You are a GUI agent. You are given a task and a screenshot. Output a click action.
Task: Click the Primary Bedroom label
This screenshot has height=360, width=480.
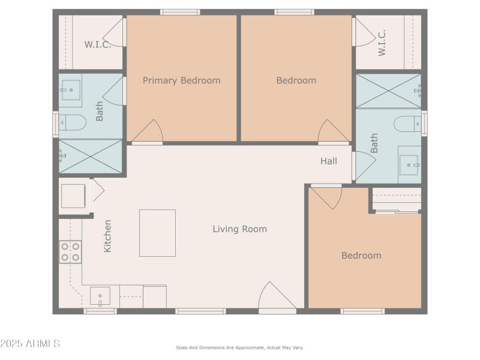[x=181, y=80]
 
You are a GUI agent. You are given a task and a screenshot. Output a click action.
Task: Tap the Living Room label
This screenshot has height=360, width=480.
[x=239, y=229]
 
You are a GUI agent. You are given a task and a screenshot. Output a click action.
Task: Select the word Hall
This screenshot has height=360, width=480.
[x=328, y=161]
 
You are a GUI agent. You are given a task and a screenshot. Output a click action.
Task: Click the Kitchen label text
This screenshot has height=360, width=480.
[x=108, y=235]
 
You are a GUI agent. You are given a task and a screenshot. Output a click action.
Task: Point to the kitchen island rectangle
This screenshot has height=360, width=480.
[x=157, y=233]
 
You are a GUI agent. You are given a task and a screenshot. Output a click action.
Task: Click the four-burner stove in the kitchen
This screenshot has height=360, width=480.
[x=70, y=252]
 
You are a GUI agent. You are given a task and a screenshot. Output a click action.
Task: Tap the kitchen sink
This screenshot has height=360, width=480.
[x=100, y=296]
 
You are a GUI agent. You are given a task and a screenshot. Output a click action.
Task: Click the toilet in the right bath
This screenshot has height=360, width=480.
[x=408, y=124]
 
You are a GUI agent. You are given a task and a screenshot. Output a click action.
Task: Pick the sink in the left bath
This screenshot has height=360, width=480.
[x=71, y=90]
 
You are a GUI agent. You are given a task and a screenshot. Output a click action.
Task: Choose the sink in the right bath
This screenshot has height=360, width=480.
[x=409, y=164]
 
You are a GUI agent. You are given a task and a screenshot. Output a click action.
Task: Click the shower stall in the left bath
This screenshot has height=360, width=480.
[x=90, y=156]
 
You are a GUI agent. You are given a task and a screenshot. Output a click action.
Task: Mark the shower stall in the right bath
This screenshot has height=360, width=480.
[x=388, y=91]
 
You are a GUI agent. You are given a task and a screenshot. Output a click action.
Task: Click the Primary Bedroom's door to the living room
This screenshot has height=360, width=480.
[x=148, y=133]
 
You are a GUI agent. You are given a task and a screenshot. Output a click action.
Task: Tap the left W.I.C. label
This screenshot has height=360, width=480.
[x=97, y=44]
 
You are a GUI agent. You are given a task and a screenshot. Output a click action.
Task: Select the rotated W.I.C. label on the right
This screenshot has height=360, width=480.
[x=382, y=43]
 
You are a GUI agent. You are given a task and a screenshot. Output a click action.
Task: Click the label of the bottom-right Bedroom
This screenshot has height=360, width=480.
[x=361, y=256]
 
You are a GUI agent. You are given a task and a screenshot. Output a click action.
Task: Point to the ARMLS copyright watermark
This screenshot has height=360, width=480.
[x=30, y=344]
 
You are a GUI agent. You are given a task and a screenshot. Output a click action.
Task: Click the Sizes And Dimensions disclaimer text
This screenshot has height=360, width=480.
[x=239, y=347]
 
